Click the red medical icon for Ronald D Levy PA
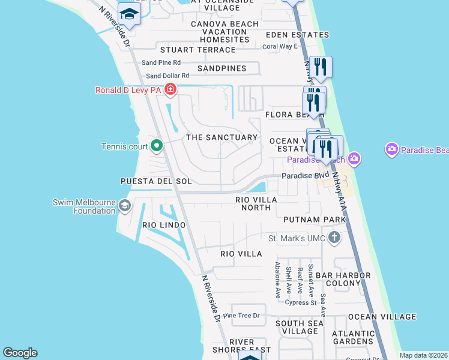170,90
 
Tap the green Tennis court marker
157,145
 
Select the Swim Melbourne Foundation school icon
125,206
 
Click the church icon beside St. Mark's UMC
334,239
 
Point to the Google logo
20,353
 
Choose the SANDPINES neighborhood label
221,68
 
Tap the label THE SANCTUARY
221,137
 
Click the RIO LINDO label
164,224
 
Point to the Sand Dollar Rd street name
167,76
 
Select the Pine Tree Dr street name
241,316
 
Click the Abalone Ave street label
278,280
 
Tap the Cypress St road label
301,303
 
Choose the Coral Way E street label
280,46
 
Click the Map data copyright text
423,355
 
